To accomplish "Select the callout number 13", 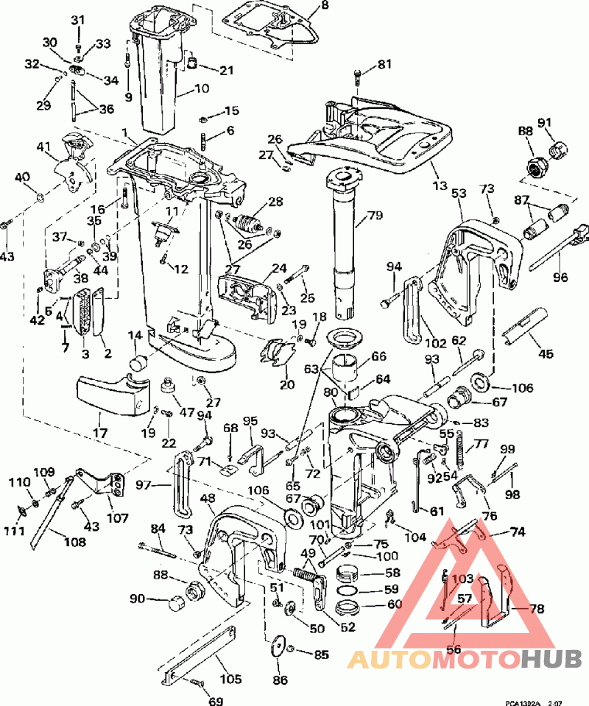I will (x=441, y=183).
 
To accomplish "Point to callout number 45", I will (x=546, y=353).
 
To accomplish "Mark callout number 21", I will (x=226, y=71).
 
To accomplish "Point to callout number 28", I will (x=275, y=200).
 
